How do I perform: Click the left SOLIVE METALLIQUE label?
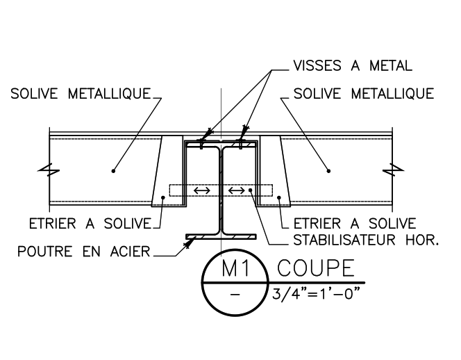pos(80,94)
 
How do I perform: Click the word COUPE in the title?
pos(314,269)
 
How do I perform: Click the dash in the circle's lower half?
pos(234,295)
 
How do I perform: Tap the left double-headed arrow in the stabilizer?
pos(202,190)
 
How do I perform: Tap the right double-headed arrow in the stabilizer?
pos(237,190)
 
